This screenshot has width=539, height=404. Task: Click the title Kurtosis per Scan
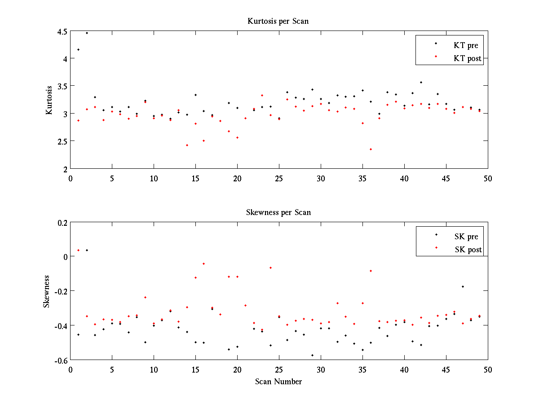(278, 21)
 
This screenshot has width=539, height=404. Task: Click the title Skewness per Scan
(278, 212)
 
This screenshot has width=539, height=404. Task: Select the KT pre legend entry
(466, 45)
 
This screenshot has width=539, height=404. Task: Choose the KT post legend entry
(468, 58)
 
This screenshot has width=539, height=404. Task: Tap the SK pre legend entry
(466, 237)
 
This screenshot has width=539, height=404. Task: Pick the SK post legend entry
(468, 250)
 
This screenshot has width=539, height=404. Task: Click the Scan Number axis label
(278, 382)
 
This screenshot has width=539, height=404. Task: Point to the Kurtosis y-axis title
(49, 100)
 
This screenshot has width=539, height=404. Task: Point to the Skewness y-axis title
(47, 291)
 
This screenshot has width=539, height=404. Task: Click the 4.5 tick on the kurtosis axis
(62, 31)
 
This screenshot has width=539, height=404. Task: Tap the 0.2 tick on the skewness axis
(62, 222)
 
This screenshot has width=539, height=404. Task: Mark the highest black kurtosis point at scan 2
(87, 33)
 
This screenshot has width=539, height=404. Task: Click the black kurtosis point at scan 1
(78, 49)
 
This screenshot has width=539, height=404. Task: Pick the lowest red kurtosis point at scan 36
(371, 149)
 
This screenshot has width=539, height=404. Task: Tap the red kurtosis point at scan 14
(187, 145)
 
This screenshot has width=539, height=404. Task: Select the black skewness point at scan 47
(463, 286)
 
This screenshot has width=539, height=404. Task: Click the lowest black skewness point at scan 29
(312, 355)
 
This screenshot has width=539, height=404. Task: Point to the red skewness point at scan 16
(203, 263)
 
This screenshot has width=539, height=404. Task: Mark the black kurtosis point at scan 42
(421, 82)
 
